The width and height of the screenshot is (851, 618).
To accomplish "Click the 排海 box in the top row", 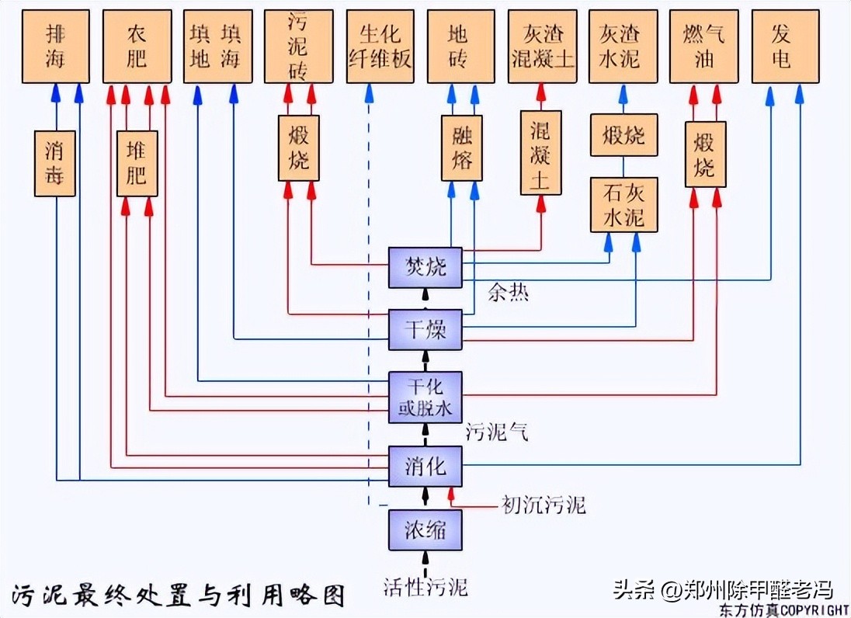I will click(x=55, y=47).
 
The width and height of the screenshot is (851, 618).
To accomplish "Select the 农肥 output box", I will click(x=137, y=47).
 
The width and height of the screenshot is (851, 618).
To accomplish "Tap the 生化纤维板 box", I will click(x=380, y=47).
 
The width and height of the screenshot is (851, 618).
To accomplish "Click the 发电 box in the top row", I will click(x=785, y=47).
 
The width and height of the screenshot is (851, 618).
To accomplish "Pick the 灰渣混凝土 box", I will click(x=543, y=47).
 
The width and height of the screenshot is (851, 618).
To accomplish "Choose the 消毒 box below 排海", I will click(x=55, y=163).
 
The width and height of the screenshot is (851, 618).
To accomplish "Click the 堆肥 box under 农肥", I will click(x=137, y=163).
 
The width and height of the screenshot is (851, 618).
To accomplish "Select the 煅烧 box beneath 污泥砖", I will click(x=299, y=148).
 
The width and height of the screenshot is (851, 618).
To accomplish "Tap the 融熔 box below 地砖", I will click(x=462, y=148).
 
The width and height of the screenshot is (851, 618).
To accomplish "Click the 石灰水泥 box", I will click(x=623, y=205).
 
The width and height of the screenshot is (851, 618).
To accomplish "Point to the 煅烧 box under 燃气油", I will click(x=706, y=154).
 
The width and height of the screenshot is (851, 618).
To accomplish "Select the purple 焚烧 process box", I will click(x=425, y=268).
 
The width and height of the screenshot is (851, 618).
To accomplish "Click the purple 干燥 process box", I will click(x=425, y=329).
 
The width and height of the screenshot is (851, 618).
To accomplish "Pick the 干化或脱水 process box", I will click(x=425, y=397).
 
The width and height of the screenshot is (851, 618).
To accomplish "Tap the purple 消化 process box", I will click(x=425, y=466).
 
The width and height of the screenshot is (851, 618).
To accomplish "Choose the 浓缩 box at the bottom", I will click(x=425, y=530).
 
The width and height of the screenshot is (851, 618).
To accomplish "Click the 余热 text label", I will click(x=508, y=293).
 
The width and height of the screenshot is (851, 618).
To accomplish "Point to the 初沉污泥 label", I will click(x=543, y=505).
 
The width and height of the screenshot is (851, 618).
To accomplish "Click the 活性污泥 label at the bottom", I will click(x=425, y=586).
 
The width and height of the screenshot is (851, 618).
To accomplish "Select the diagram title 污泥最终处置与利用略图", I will click(x=178, y=594).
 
